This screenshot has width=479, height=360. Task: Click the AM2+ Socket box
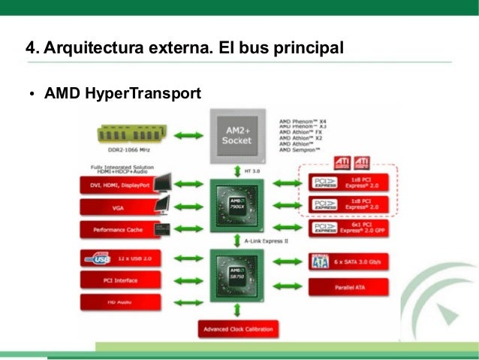click(237, 135)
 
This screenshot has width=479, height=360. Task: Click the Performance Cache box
click(119, 230)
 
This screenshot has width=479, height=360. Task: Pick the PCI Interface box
click(118, 281)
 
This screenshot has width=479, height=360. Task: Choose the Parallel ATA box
click(348, 286)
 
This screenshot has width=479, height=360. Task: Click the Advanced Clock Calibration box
click(237, 329)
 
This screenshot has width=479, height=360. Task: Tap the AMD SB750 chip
click(237, 275)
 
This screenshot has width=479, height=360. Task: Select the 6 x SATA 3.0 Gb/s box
click(348, 262)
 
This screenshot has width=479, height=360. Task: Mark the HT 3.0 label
click(253, 171)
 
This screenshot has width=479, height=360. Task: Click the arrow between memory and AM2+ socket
click(188, 135)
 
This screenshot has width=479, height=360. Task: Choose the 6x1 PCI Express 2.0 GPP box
click(348, 228)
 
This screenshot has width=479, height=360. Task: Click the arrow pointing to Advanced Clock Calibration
click(237, 310)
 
